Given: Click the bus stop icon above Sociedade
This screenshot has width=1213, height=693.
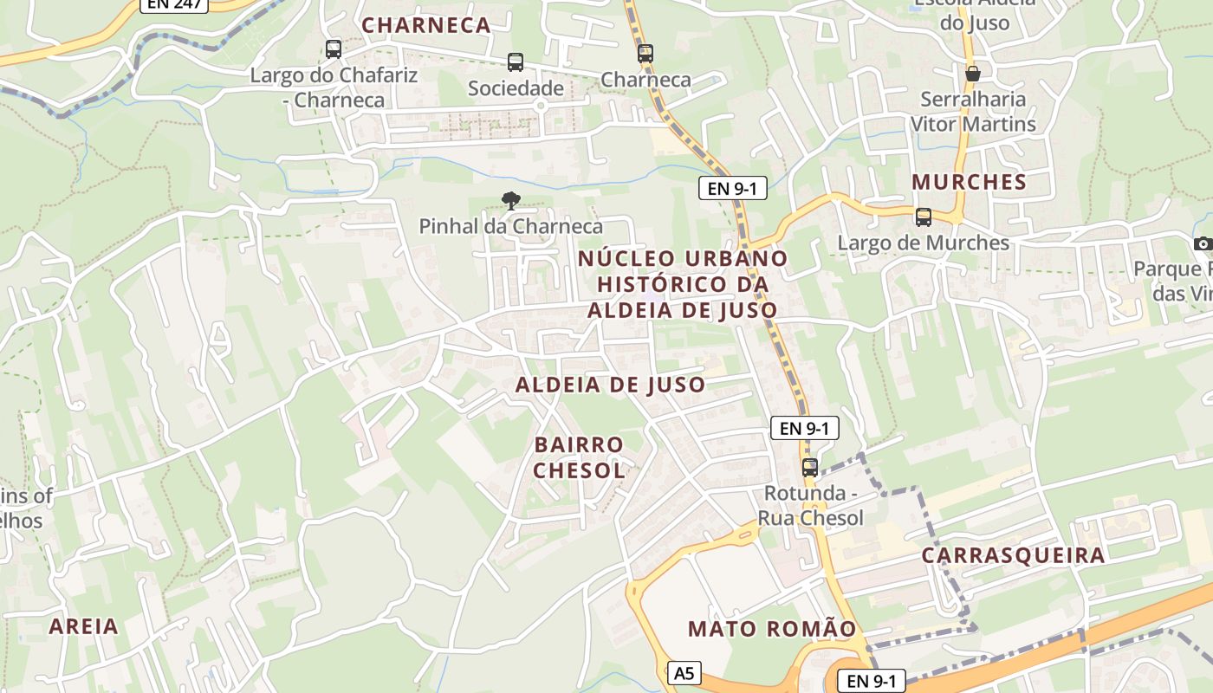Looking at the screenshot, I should [x=516, y=62].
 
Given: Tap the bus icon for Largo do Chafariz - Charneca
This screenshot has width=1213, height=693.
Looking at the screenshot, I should [x=334, y=49].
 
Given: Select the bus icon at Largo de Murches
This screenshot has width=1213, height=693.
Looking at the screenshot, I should [x=924, y=217].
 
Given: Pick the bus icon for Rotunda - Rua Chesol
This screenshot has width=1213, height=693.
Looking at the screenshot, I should [x=810, y=468].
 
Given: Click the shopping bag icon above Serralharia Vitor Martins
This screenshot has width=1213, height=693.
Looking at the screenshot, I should [x=973, y=74].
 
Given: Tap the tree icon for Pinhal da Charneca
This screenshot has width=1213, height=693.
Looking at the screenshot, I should [x=510, y=201].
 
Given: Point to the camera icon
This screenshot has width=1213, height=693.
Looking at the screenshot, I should [x=1203, y=244].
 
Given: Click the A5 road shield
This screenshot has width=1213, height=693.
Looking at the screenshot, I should [x=684, y=672].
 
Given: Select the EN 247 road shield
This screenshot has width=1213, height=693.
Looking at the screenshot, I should [x=174, y=4].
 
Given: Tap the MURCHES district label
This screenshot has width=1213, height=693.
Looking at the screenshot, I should [x=969, y=183].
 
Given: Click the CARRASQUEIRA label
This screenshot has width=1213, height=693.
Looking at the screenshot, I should [x=1013, y=555].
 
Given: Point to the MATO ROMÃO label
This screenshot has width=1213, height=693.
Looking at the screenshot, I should [x=772, y=629].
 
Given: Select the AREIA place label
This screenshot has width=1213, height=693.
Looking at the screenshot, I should [x=83, y=626].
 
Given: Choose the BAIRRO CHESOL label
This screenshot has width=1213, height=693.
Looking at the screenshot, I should [x=579, y=458].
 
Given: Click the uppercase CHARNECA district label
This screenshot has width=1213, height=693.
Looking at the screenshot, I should [x=426, y=26].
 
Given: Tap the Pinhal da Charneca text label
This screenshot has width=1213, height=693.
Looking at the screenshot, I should [x=510, y=227].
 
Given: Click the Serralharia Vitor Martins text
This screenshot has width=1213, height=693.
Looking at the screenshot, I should [x=973, y=112].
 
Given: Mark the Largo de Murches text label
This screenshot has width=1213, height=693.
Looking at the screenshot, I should [x=923, y=243].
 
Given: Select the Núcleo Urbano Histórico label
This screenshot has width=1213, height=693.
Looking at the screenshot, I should [x=683, y=284].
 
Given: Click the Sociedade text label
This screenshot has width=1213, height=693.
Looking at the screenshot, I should [x=516, y=88].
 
